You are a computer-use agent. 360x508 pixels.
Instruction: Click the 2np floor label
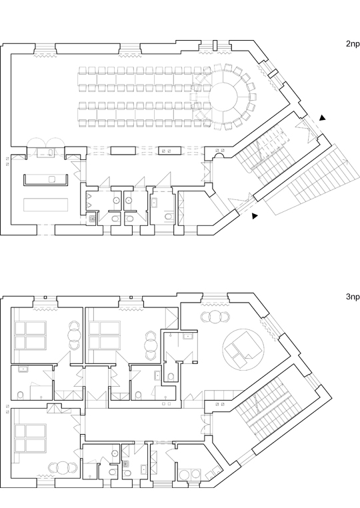[x=353, y=44]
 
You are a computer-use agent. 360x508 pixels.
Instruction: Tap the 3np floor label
[x=353, y=297]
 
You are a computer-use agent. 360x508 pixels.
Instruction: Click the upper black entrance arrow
[x=322, y=117]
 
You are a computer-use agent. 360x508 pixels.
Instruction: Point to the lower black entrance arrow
[x=255, y=215]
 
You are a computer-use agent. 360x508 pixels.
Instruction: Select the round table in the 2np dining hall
[x=223, y=97]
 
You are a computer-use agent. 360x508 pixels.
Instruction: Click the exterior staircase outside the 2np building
[x=313, y=180]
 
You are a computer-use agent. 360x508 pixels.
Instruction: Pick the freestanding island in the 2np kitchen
[x=46, y=205]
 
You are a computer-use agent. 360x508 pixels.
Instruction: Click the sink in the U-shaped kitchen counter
[x=52, y=179]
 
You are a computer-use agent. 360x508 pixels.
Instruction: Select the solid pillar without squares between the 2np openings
[x=123, y=150]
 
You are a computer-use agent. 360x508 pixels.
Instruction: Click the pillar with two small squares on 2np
[x=169, y=150]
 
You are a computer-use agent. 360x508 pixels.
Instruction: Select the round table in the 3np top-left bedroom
[x=75, y=340]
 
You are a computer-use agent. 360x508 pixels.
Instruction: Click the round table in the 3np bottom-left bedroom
[x=63, y=467]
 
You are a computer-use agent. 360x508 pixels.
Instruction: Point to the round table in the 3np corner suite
[x=215, y=317]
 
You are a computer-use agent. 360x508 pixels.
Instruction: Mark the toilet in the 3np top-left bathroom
[x=21, y=395]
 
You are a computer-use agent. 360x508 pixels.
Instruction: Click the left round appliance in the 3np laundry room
[x=186, y=475]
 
